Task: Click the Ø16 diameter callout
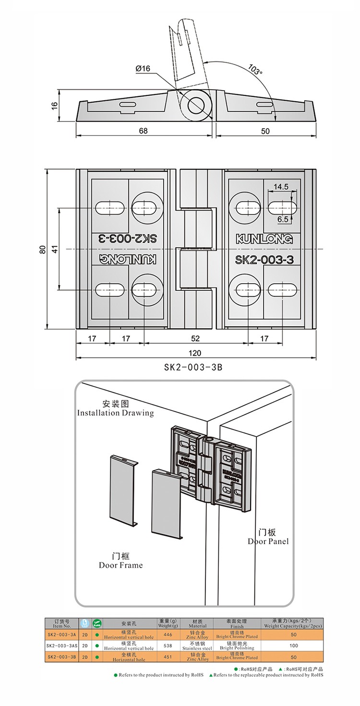(x=143, y=69)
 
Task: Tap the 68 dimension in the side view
(x=143, y=131)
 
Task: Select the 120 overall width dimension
(x=194, y=354)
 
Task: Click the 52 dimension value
(x=195, y=338)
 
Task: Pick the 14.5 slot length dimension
(x=281, y=187)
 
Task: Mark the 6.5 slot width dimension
(x=282, y=219)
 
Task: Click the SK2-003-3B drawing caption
(x=193, y=368)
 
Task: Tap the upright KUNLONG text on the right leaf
(x=264, y=239)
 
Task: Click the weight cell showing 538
(x=168, y=646)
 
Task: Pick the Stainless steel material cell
(x=198, y=646)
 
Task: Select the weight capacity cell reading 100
(x=293, y=646)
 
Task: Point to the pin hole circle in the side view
(x=196, y=105)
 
